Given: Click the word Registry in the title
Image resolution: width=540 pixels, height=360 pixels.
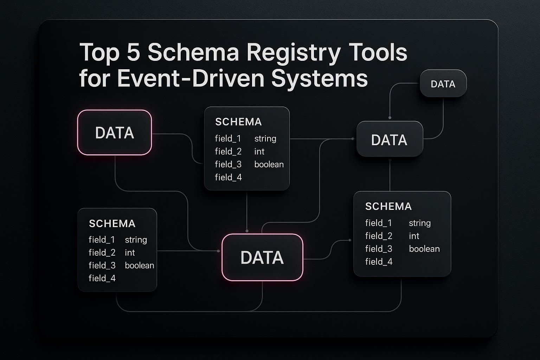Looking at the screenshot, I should click(293, 53).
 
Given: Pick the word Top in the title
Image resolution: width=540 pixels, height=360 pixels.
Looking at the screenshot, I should click(99, 53).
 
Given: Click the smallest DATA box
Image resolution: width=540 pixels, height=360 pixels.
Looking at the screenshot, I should click(443, 84).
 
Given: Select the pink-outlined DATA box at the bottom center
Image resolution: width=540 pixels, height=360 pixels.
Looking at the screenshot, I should click(262, 257).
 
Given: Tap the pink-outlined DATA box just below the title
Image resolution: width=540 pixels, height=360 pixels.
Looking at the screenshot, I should click(115, 133).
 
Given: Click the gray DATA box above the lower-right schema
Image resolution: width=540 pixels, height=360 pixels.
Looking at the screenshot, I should click(389, 140).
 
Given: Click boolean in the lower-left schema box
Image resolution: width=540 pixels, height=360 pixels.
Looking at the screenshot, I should click(139, 265).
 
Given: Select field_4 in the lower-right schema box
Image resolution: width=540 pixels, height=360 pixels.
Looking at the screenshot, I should click(379, 262).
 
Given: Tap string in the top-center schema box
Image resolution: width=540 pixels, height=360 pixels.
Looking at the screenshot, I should click(265, 139).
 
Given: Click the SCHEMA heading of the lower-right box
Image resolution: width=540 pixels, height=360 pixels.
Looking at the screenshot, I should click(388, 206).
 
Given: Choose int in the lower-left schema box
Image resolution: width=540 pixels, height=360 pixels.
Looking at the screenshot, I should click(130, 252).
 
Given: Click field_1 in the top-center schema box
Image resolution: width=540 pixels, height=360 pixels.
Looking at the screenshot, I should click(228, 139).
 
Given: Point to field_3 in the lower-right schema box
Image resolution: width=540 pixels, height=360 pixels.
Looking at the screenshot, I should click(379, 249).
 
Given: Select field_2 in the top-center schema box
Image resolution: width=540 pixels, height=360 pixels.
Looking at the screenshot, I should click(228, 152).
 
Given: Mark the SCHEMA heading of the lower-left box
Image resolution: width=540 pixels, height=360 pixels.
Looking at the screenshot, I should click(112, 224).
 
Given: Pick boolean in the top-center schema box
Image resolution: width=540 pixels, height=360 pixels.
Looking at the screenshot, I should click(269, 164).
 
